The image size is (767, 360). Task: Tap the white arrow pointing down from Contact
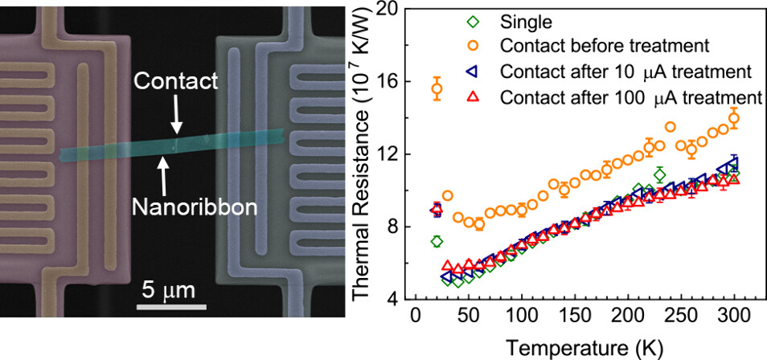coord(177,116)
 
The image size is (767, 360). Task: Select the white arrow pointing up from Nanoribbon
coord(165,174)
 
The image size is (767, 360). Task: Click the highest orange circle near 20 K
coord(437,89)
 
